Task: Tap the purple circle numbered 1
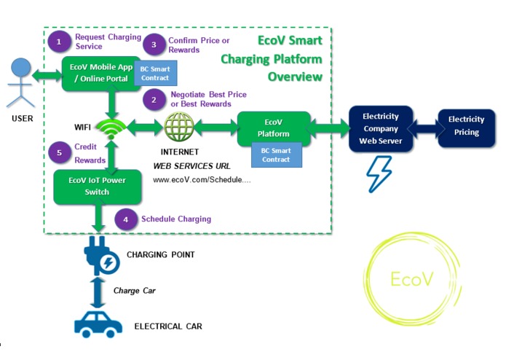(x=59, y=41)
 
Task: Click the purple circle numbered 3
(x=153, y=44)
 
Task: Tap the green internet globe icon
(x=179, y=128)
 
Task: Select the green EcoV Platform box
(x=274, y=128)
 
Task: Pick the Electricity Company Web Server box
(x=381, y=128)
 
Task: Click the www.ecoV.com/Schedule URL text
(x=202, y=179)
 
